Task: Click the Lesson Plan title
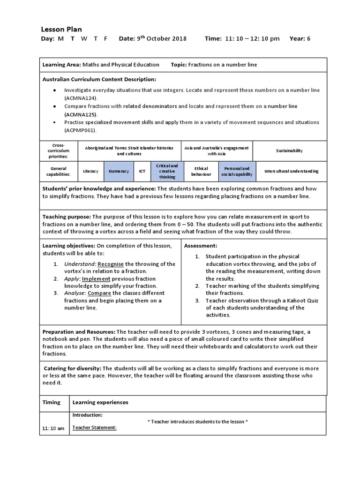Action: [x=62, y=29]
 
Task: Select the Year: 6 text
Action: [x=300, y=38]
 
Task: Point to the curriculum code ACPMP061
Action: [x=80, y=130]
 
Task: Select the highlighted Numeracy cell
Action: [x=119, y=171]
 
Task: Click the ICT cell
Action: [x=142, y=171]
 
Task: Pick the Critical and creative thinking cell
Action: [x=167, y=171]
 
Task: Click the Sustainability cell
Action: [x=289, y=150]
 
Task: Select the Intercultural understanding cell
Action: [x=291, y=171]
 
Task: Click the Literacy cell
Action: [x=90, y=171]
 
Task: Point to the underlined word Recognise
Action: [x=111, y=264]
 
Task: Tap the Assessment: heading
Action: [x=200, y=246]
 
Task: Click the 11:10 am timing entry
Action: [x=53, y=428]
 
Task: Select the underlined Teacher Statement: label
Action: [x=94, y=427]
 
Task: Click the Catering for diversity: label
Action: [x=73, y=368]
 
